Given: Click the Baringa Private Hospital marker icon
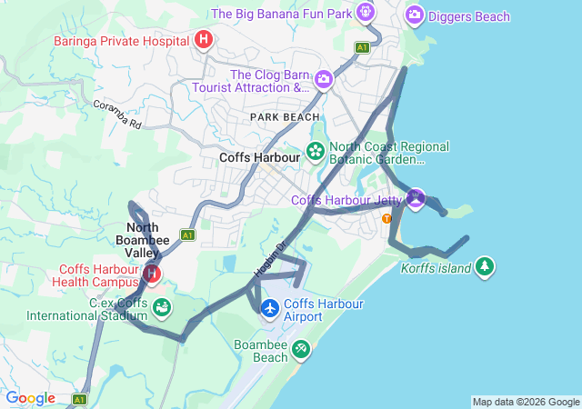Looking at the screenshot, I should (204, 39).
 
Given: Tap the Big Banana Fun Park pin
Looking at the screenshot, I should (366, 13).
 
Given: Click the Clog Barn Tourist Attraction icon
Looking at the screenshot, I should (323, 81).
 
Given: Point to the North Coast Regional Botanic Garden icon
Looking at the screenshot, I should (316, 151).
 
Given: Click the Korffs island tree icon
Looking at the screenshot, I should (486, 266).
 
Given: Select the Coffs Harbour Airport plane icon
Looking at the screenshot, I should (270, 309).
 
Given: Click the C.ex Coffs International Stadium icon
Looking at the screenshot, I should (161, 308).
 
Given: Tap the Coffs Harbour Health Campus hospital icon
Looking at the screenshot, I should (152, 273).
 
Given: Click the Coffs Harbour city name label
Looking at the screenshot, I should (259, 157).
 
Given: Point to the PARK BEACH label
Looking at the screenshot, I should (285, 117).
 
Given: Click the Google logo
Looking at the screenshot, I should (30, 398).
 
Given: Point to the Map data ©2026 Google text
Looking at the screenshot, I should (525, 402).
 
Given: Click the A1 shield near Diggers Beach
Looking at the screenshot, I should (363, 46).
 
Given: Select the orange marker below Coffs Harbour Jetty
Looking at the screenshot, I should (387, 218).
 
